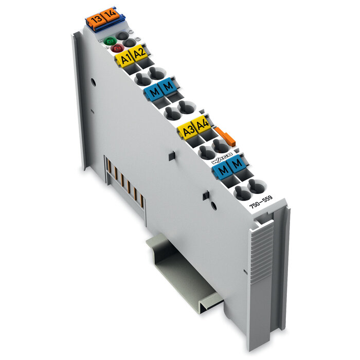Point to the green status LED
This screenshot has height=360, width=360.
pos(110,41)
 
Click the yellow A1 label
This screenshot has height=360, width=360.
pos(124,59)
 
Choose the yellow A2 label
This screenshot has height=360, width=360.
pos(138,52)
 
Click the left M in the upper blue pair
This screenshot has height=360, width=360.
pos(153,93)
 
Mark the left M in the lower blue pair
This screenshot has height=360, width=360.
pos(222,168)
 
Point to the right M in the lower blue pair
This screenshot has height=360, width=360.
pos(237,163)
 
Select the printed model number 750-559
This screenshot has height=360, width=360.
pos(260,201)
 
